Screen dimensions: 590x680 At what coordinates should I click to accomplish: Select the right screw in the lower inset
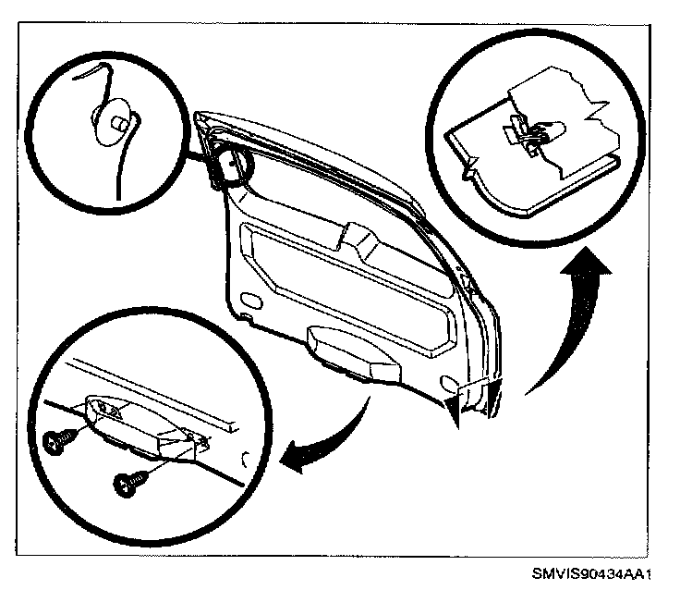127,480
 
